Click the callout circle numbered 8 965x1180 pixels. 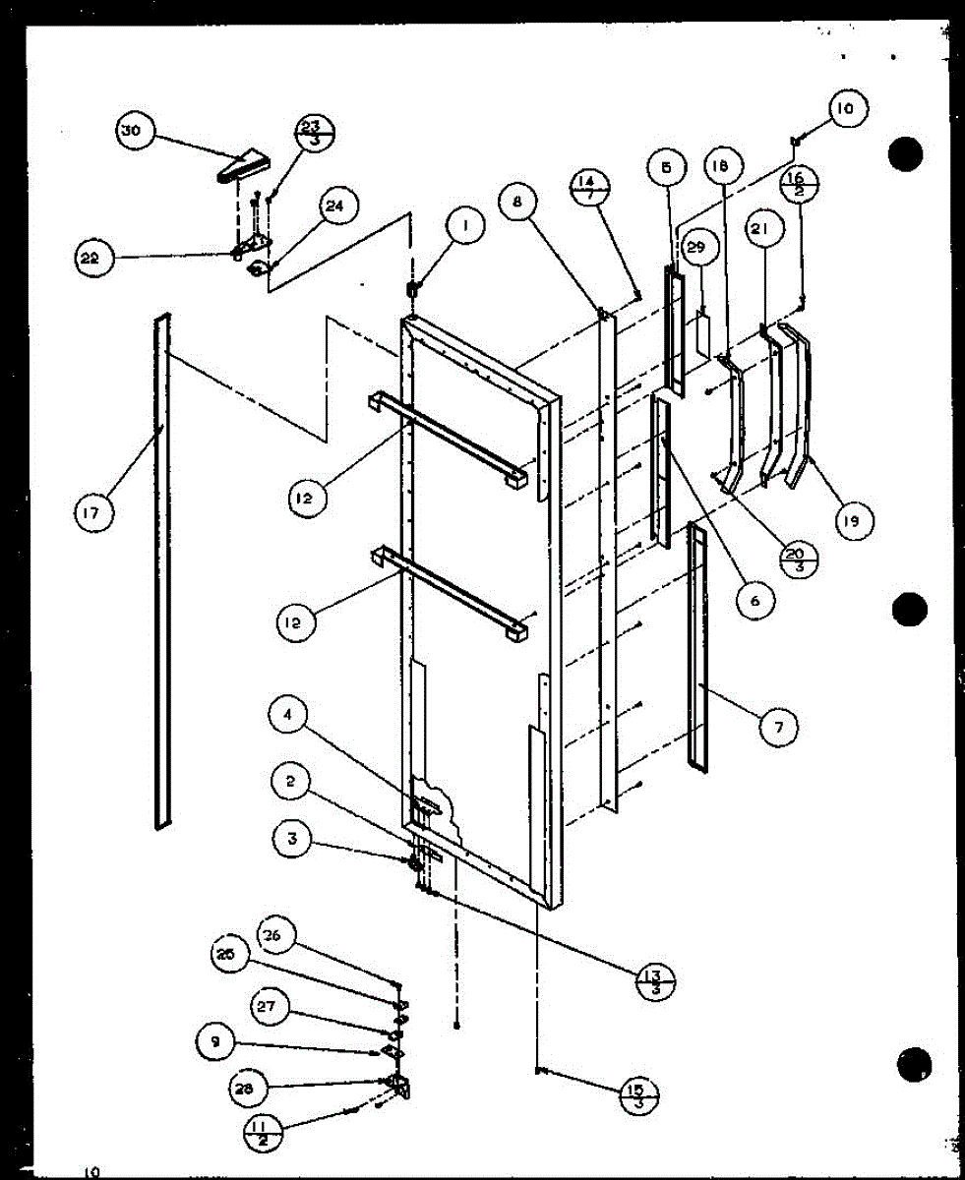519,204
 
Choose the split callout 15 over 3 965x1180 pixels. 640,1094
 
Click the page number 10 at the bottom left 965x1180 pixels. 91,1171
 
